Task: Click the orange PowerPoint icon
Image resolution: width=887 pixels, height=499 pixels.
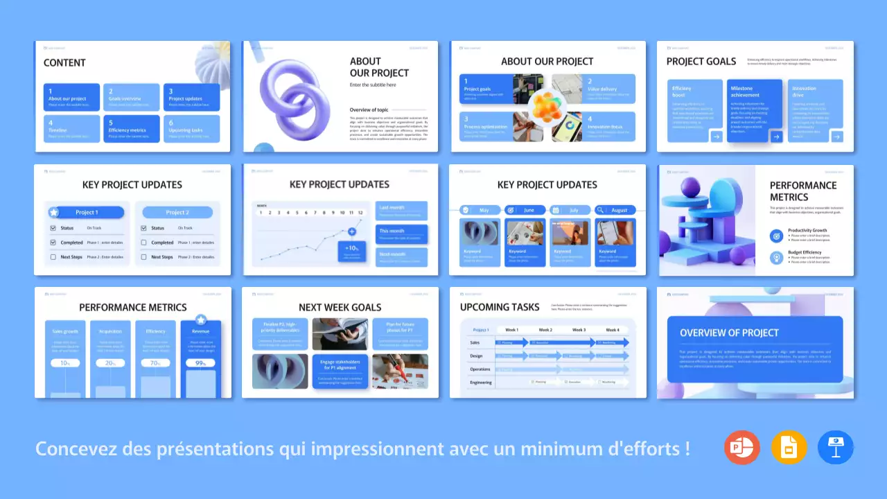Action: [x=742, y=447]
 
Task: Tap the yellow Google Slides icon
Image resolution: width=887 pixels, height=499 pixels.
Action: [x=789, y=447]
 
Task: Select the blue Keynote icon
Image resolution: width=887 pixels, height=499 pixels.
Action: [x=835, y=447]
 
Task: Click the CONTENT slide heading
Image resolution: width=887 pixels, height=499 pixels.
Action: [x=64, y=62]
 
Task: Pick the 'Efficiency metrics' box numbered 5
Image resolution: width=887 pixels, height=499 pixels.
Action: [x=132, y=128]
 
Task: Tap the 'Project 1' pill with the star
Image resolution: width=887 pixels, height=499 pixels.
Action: [x=86, y=212]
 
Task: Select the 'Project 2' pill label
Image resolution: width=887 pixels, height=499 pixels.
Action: [x=176, y=212]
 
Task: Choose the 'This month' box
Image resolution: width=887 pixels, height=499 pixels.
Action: [x=402, y=234]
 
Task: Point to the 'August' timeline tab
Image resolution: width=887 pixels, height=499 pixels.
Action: [x=614, y=210]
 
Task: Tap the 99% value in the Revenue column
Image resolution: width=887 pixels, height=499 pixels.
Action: [x=200, y=362]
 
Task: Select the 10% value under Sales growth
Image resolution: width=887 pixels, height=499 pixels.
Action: [x=65, y=362]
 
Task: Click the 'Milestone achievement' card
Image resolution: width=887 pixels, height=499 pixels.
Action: [x=748, y=111]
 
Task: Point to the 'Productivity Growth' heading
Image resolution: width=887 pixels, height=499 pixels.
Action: [x=807, y=230]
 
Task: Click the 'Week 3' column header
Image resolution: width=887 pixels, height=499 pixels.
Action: [x=579, y=330]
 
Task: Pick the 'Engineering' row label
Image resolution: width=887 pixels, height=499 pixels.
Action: [x=481, y=382]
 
